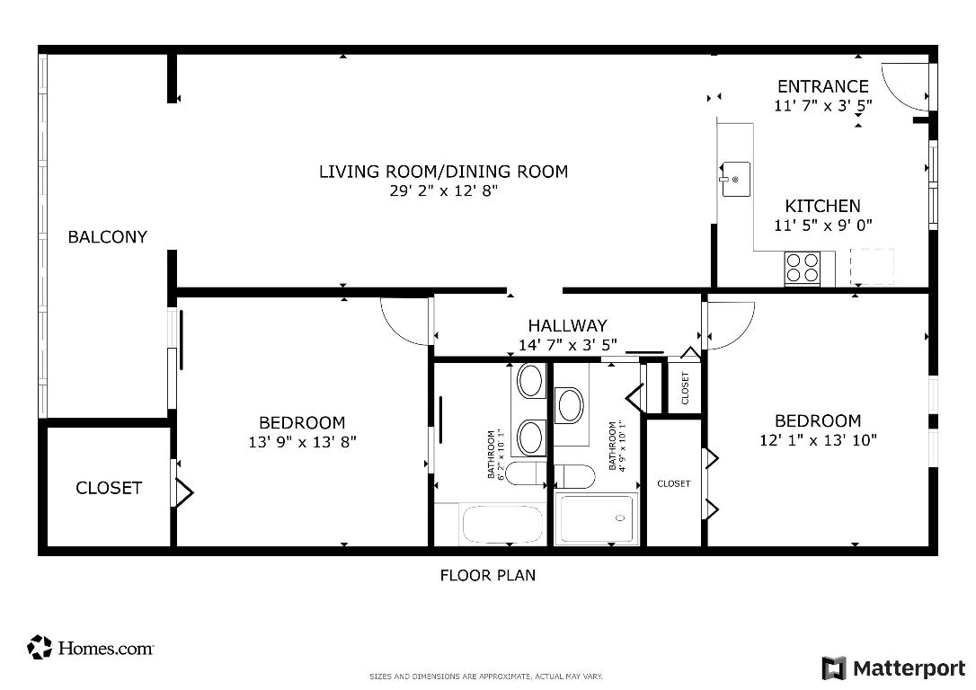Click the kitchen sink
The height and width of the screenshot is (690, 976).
tap(735, 178)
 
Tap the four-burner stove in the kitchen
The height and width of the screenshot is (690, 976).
tap(803, 267)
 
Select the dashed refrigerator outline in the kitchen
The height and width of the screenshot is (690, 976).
tap(872, 266)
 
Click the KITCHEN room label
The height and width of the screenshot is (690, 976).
tap(822, 206)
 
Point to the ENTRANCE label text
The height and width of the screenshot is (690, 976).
tap(822, 86)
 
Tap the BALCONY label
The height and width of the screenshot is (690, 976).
tap(108, 237)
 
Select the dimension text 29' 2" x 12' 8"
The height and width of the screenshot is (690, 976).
tap(444, 190)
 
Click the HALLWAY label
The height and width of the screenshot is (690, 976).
tap(567, 325)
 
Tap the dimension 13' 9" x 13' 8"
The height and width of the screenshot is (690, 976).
tap(302, 442)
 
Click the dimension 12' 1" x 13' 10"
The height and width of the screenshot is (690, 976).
tap(818, 440)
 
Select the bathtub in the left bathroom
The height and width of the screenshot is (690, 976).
tap(502, 525)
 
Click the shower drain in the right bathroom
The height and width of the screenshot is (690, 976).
tap(619, 518)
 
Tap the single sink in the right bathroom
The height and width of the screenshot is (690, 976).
tap(571, 405)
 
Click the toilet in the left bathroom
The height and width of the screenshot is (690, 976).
tap(524, 473)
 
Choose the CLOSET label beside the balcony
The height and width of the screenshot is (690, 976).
tap(108, 488)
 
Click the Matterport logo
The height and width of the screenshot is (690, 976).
tap(893, 668)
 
